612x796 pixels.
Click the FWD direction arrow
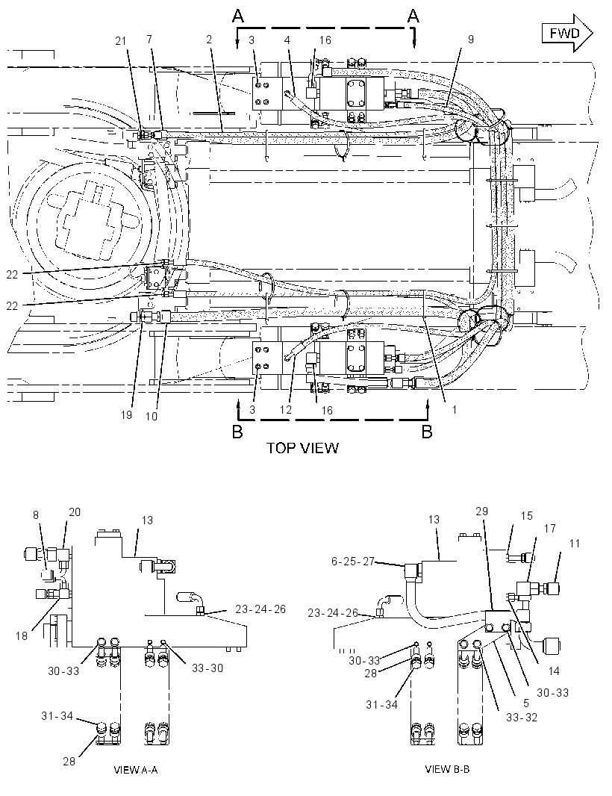(566, 33)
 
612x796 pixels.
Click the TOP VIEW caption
(302, 448)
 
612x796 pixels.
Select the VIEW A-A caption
(136, 770)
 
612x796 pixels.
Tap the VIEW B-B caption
(447, 769)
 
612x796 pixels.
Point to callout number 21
(121, 41)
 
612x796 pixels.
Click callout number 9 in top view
(471, 39)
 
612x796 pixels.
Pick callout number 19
(126, 414)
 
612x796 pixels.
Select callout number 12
(286, 410)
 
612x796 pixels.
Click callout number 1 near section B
(455, 409)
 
